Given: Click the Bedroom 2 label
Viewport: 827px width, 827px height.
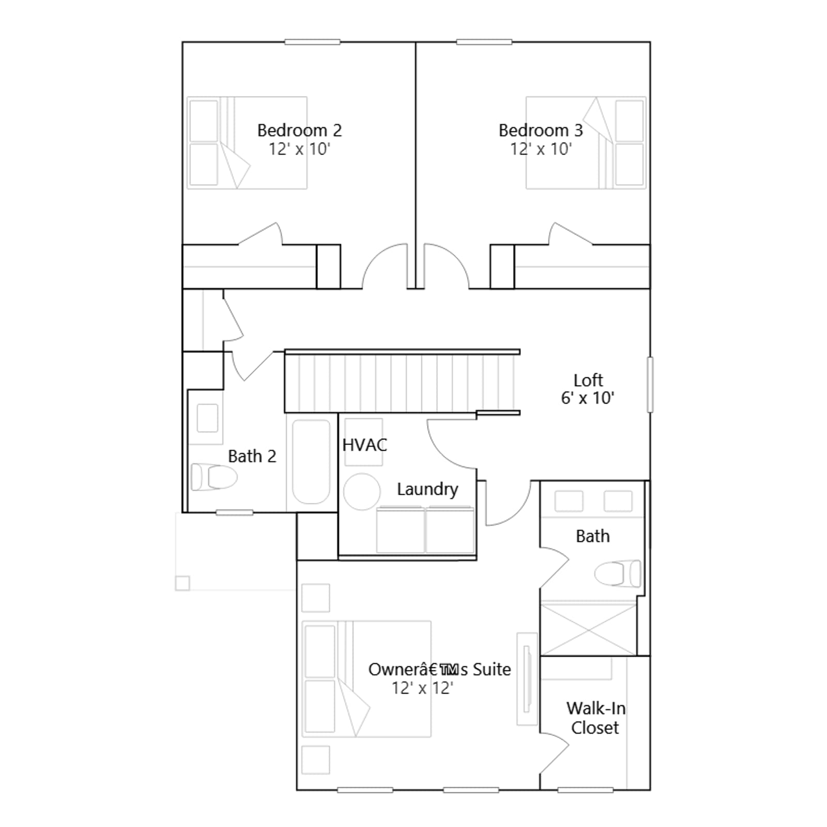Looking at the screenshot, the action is pyautogui.click(x=300, y=130).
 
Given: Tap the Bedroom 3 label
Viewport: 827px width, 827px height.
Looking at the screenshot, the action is pyautogui.click(x=541, y=130).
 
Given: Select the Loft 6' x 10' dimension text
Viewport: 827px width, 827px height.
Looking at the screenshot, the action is pyautogui.click(x=588, y=398).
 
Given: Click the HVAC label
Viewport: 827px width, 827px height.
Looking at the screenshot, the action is pyautogui.click(x=364, y=445).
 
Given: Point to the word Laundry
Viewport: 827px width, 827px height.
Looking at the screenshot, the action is pyautogui.click(x=427, y=489).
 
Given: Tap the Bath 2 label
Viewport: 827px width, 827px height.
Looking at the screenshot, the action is pyautogui.click(x=252, y=456).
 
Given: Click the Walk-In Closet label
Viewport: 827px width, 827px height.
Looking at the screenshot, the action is pyautogui.click(x=595, y=718).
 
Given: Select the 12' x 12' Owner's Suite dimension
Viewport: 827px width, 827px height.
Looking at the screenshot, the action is pyautogui.click(x=422, y=688).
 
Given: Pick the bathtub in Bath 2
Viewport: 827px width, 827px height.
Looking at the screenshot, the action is pyautogui.click(x=311, y=462).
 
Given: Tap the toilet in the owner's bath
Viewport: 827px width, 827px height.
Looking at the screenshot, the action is pyautogui.click(x=618, y=573).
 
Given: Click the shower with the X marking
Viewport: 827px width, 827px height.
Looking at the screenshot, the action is pyautogui.click(x=588, y=630).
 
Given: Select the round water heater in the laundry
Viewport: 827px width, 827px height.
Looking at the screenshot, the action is pyautogui.click(x=362, y=492).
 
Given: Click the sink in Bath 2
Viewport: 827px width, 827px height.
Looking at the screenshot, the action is pyautogui.click(x=207, y=418).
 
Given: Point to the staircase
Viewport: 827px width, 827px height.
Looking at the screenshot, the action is pyautogui.click(x=402, y=381).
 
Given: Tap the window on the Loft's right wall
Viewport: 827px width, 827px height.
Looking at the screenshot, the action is pyautogui.click(x=650, y=385).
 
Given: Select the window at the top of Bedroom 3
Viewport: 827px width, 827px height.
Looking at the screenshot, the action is pyautogui.click(x=484, y=42).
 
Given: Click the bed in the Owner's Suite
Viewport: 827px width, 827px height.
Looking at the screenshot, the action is pyautogui.click(x=366, y=679).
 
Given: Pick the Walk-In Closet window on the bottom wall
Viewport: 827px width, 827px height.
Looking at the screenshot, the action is pyautogui.click(x=585, y=790).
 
